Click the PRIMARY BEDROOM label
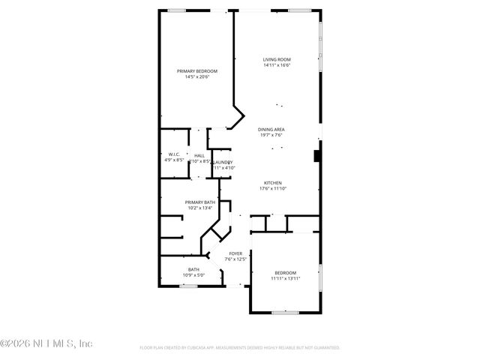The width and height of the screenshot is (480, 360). click(196, 70)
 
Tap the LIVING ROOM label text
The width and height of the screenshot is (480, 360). click(277, 59)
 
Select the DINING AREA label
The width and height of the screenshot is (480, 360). click(271, 129)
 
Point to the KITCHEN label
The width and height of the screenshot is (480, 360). click(272, 184)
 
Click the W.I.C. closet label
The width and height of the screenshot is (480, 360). click(174, 154)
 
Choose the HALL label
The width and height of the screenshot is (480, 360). click(199, 155)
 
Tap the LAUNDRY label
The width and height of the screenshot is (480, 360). click(223, 162)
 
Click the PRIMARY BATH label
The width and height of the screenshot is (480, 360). click(200, 202)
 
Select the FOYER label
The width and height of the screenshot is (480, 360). click(235, 254)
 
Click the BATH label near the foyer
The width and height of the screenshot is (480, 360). click(193, 270)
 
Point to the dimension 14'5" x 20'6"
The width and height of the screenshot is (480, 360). click(196, 76)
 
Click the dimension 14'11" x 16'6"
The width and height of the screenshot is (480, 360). click(277, 65)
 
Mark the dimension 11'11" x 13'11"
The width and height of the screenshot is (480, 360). click(285, 278)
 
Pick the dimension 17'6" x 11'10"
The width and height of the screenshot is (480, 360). click(272, 189)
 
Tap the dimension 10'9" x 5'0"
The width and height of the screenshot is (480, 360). click(193, 275)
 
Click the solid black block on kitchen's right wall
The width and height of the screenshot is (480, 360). click(317, 157)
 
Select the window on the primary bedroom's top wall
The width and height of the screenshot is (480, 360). click(178, 10)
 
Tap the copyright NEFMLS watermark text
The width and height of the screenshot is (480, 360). click(46, 343)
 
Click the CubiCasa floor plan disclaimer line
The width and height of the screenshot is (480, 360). click(240, 348)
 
